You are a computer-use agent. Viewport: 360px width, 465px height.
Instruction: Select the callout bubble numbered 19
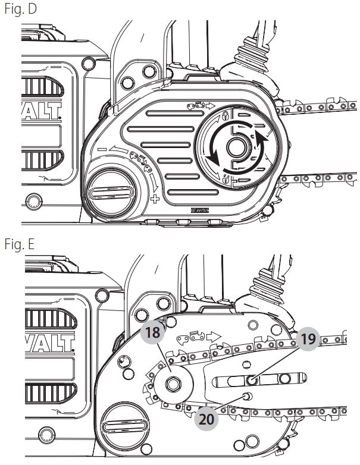tap(308, 340)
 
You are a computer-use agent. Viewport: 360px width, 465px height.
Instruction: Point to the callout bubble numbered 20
tap(205, 419)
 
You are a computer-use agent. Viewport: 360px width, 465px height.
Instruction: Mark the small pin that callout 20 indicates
tap(247, 395)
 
